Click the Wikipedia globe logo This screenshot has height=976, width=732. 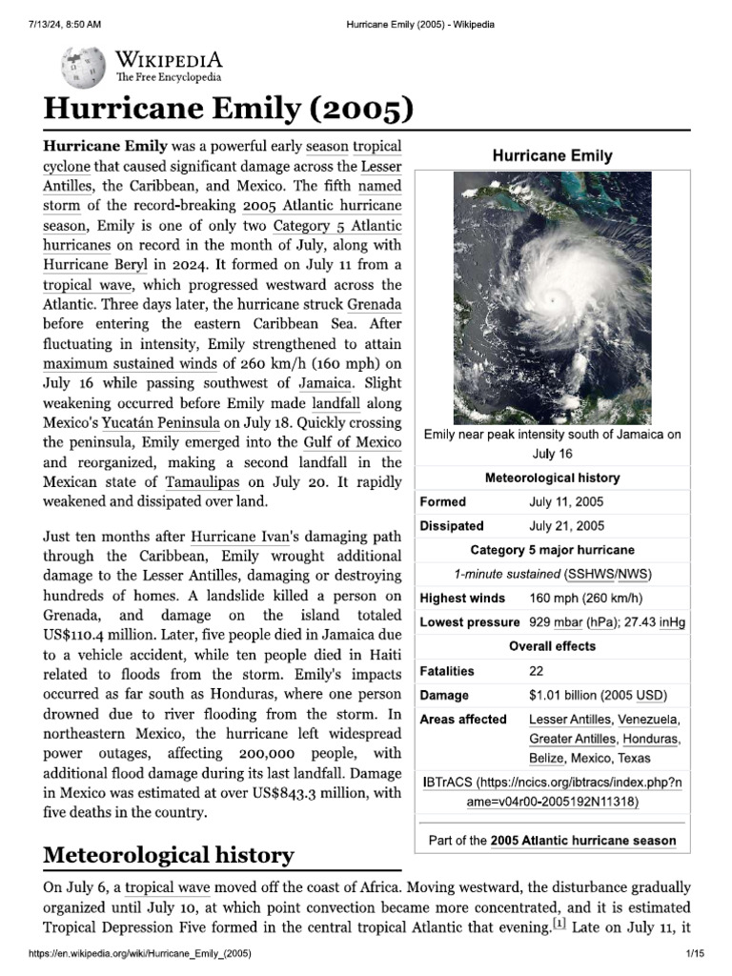[85, 68]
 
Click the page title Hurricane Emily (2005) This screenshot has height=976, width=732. [229, 111]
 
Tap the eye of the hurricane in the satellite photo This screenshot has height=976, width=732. [551, 300]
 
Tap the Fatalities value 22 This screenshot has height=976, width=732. [537, 671]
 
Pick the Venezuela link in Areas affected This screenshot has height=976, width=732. [648, 720]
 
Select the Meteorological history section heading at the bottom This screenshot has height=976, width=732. [169, 855]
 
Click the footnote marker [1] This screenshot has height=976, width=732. [559, 924]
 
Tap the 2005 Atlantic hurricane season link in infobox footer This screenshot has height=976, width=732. [583, 841]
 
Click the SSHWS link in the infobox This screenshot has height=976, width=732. [591, 574]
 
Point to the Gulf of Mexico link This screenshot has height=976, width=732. [353, 441]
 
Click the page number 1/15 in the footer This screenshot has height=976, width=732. [693, 954]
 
